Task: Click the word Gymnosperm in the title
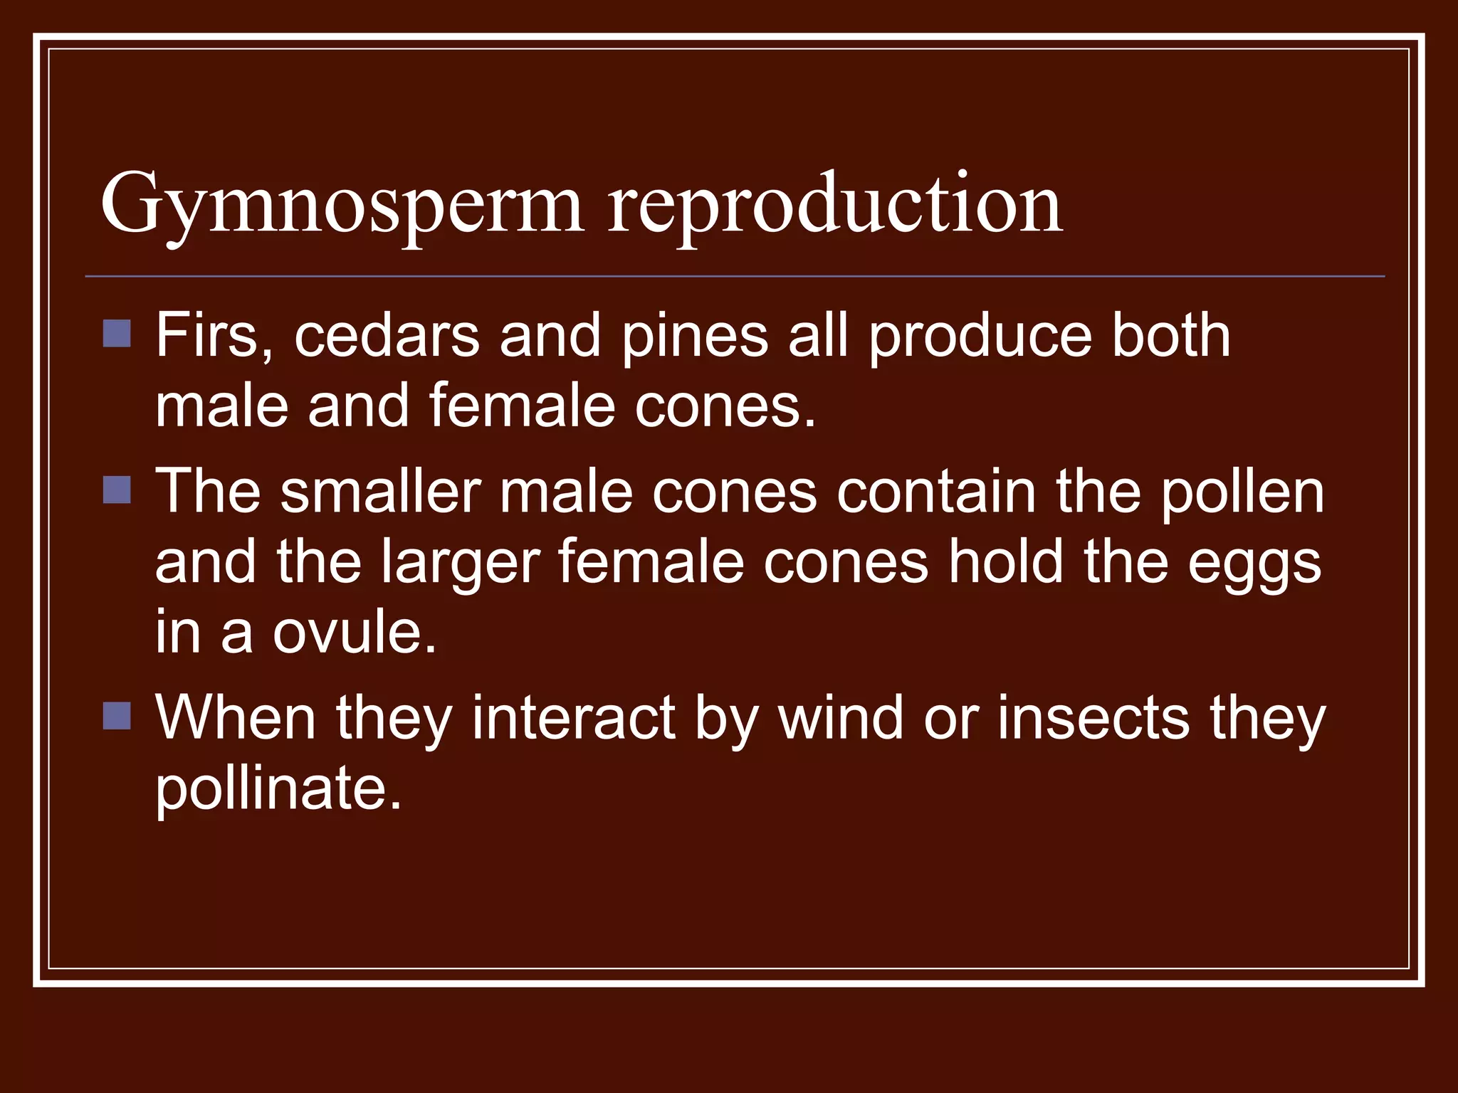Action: click(x=342, y=206)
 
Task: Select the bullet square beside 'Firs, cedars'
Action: click(x=117, y=333)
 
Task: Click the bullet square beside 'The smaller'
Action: click(x=117, y=490)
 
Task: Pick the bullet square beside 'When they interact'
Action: click(x=117, y=716)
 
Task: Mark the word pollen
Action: click(x=1242, y=492)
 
